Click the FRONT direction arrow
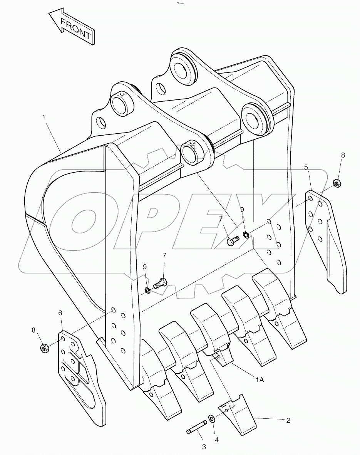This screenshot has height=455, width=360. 71,27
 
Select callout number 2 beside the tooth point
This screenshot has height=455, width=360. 288,420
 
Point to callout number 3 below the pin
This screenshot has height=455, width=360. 204,447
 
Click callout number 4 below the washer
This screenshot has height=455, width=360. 216,439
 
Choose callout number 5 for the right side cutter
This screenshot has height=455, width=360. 306,167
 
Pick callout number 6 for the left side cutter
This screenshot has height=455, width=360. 60,313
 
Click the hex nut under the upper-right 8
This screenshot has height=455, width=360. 336,183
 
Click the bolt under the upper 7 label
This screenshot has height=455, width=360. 232,242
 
